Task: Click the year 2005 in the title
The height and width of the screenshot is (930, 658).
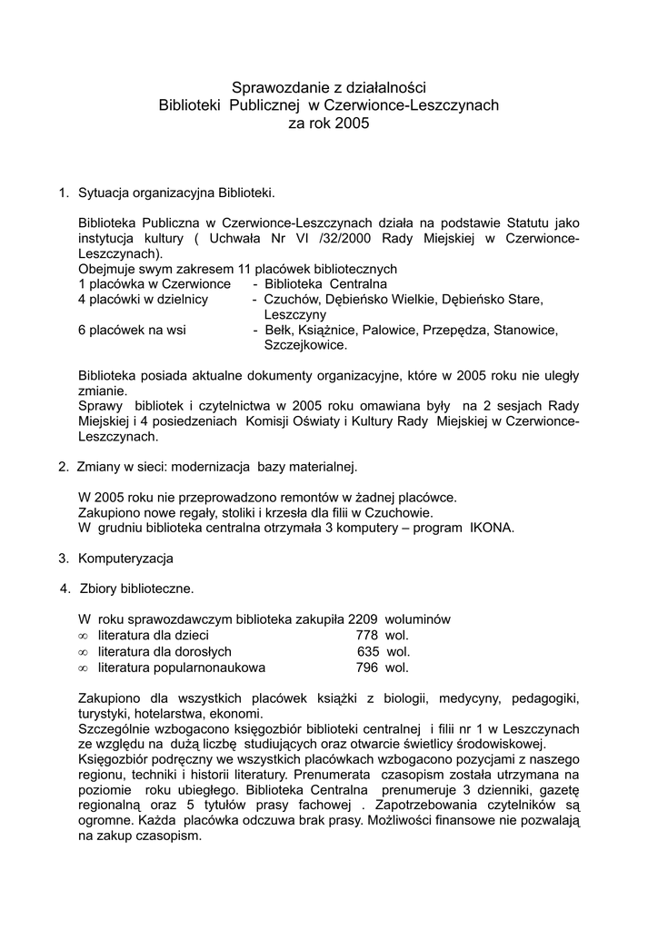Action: [x=353, y=123]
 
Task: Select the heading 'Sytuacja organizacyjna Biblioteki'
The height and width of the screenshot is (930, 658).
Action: [x=175, y=193]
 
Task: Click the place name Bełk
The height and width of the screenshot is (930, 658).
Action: [x=278, y=331]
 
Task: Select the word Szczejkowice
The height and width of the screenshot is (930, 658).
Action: [x=305, y=345]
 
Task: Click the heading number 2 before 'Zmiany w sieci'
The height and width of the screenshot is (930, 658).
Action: [x=63, y=467]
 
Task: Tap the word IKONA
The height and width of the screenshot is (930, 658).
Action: [x=492, y=528]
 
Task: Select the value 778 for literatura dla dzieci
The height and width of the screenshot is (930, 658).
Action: [x=367, y=635]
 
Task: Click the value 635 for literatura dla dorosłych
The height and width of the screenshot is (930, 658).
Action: [x=368, y=651]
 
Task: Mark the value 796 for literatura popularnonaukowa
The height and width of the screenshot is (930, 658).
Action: [x=367, y=668]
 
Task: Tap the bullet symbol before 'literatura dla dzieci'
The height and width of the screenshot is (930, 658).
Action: [x=83, y=636]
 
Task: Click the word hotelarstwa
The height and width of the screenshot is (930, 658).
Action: [x=174, y=714]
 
